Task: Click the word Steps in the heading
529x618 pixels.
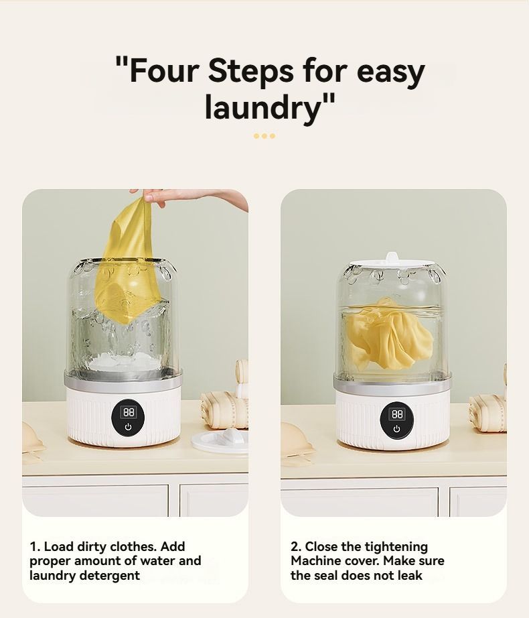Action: tap(250, 71)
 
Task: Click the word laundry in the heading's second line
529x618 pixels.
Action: tap(264, 107)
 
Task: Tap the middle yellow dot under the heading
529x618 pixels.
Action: tap(264, 136)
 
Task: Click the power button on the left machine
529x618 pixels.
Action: tap(129, 427)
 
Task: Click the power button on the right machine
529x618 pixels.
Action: tap(396, 428)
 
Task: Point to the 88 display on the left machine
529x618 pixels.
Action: tap(129, 412)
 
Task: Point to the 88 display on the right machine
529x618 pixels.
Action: tap(397, 414)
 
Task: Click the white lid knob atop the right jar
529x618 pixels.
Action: tap(392, 258)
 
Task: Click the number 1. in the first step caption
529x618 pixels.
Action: tap(35, 547)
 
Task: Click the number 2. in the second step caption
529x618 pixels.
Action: tap(296, 547)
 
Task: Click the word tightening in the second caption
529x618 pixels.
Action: tap(396, 548)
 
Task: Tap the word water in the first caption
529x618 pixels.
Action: tap(157, 561)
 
